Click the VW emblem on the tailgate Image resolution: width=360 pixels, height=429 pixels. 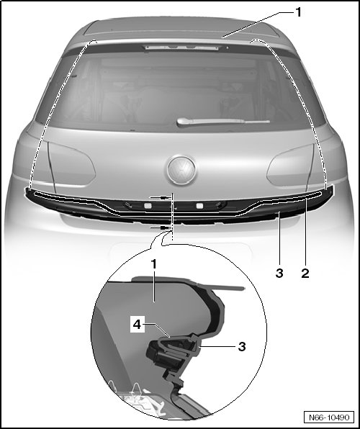[181, 170]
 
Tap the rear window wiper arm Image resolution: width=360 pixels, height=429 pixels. [223, 122]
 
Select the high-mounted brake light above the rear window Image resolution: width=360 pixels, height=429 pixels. [182, 48]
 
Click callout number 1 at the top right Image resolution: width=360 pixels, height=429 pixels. [298, 12]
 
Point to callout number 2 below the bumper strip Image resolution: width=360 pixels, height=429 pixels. [305, 273]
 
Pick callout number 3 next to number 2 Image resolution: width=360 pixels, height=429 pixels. [279, 273]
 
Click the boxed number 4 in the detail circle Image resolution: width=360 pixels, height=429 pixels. [137, 325]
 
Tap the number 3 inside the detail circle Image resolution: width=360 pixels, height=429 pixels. [242, 346]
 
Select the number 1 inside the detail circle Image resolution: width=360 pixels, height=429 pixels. [154, 264]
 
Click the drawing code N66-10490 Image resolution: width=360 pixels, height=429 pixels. [329, 417]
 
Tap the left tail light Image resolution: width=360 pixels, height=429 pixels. [71, 164]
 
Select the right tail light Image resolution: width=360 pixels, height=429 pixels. [291, 166]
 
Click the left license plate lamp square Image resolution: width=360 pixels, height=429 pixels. [148, 205]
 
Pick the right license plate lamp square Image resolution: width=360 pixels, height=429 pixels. [199, 206]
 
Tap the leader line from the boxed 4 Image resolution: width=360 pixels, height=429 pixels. [157, 329]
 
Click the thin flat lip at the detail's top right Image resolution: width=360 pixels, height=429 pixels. [228, 286]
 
